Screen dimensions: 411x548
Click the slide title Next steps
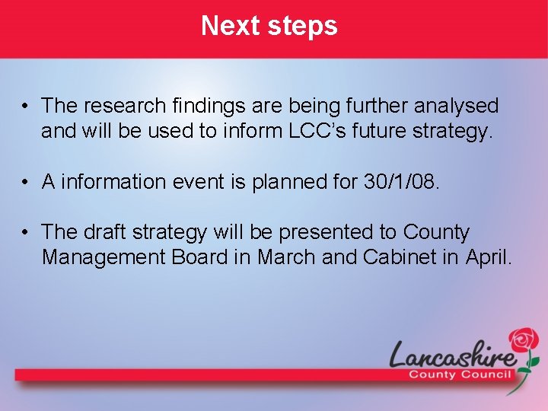coord(269,26)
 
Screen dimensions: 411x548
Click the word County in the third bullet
coord(437,232)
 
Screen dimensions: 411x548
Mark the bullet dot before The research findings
coord(26,106)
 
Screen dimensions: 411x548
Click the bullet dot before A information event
coord(26,183)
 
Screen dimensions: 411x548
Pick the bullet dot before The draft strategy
coord(26,233)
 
